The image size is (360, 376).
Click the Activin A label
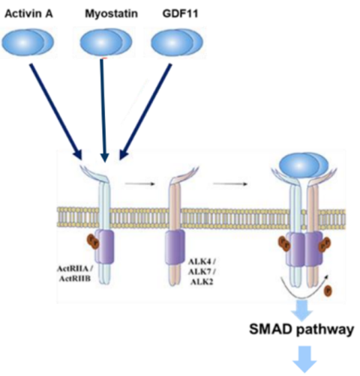click(x=28, y=13)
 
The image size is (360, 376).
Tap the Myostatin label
click(x=112, y=13)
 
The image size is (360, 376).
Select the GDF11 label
click(x=180, y=13)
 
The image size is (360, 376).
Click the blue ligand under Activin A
click(x=28, y=42)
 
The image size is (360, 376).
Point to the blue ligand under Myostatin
click(x=106, y=43)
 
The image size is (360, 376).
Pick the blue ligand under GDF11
click(x=177, y=42)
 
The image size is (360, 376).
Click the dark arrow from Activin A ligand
click(x=56, y=112)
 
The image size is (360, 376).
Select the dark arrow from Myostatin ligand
click(x=103, y=111)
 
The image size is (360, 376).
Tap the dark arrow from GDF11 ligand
click(x=145, y=112)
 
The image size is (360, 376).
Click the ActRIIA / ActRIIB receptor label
click(x=74, y=273)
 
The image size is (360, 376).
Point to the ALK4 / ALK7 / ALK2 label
click(x=202, y=272)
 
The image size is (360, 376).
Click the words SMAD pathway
click(x=301, y=330)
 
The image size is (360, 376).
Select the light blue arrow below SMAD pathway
click(x=305, y=359)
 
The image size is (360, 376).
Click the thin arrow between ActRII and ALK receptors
click(x=140, y=184)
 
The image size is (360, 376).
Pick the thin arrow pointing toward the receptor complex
click(x=230, y=184)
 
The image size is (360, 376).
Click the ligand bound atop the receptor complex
click(x=304, y=166)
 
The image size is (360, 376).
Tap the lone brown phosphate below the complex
click(x=328, y=291)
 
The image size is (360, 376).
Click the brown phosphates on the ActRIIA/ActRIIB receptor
click(x=93, y=242)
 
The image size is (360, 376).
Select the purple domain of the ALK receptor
click(x=175, y=247)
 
